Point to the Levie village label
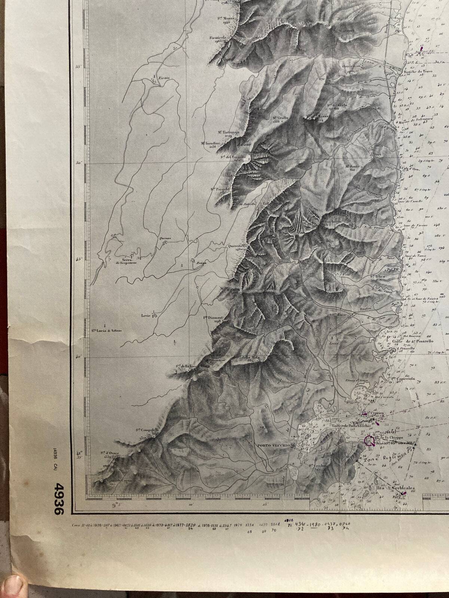click(x=146, y=315)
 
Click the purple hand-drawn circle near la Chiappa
click(x=370, y=441)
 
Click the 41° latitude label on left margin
click(x=79, y=453)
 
